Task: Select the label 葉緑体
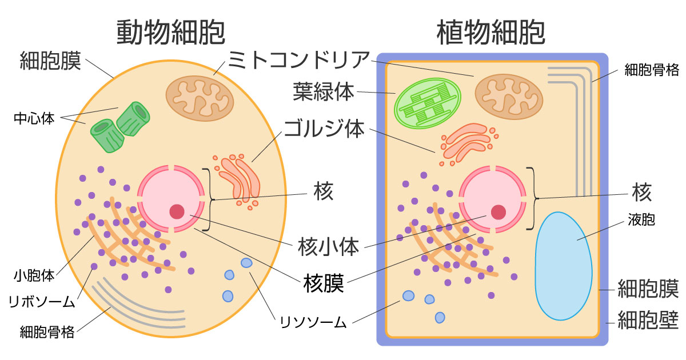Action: [x=324, y=91]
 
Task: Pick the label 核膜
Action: [x=324, y=283]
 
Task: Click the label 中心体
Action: [x=34, y=119]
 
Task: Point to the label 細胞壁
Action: [x=648, y=321]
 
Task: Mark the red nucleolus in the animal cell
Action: [x=177, y=211]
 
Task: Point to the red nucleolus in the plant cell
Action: [x=498, y=212]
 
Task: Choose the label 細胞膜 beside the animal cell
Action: [x=50, y=60]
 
